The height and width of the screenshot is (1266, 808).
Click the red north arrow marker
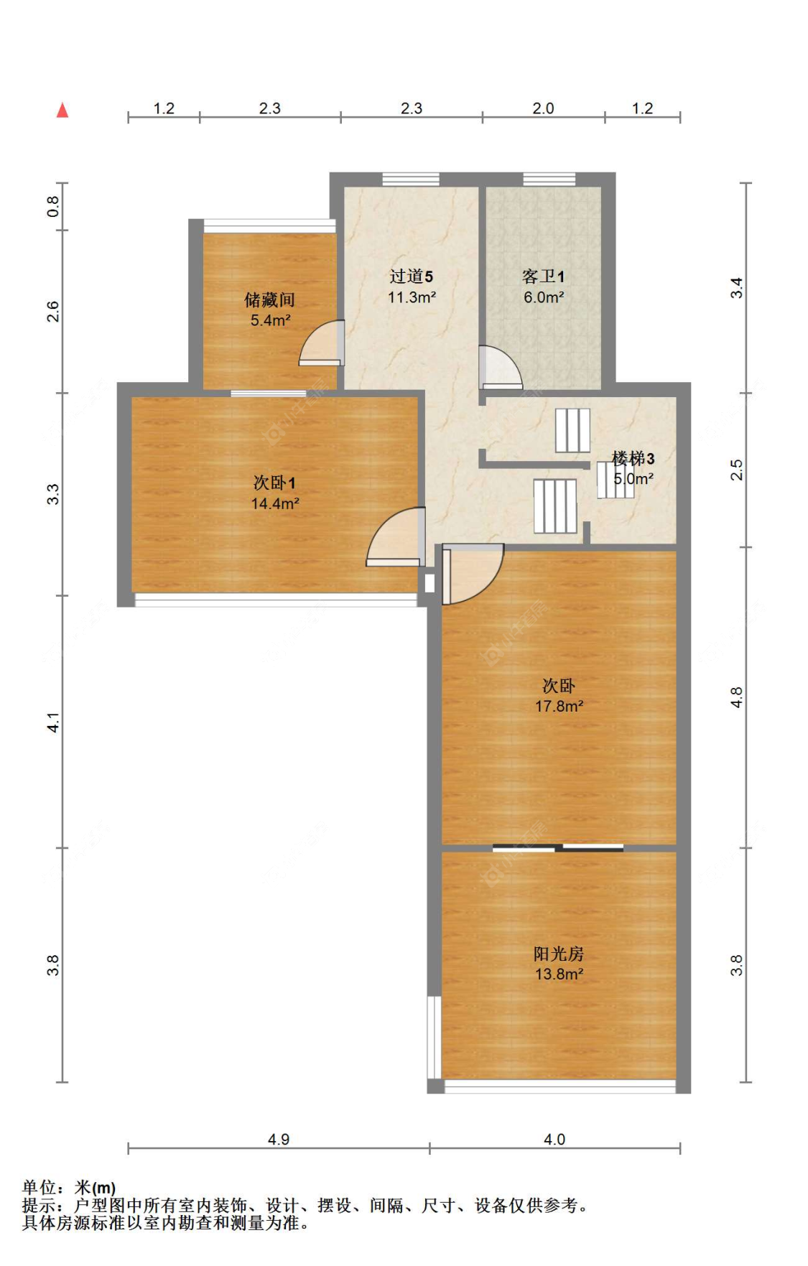point(63,110)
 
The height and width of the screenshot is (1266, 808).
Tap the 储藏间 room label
point(269,299)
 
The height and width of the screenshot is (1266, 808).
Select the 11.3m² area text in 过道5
point(412,297)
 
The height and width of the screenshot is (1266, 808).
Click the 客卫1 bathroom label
point(543,276)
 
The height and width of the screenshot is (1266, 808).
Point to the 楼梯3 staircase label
point(633,458)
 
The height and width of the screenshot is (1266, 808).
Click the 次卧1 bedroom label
point(274,483)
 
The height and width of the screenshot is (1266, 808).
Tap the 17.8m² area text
point(559,707)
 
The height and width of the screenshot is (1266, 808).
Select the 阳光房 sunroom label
point(559,954)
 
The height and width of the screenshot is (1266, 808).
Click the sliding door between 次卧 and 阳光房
point(558,848)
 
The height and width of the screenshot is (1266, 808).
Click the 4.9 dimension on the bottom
point(279,1140)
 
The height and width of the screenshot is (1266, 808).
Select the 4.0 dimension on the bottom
point(554,1140)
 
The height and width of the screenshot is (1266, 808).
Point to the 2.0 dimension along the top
point(543,108)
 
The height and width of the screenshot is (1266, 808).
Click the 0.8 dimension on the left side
point(54,207)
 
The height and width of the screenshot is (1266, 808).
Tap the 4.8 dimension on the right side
point(737,697)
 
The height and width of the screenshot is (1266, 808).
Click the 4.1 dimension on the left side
point(54,722)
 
